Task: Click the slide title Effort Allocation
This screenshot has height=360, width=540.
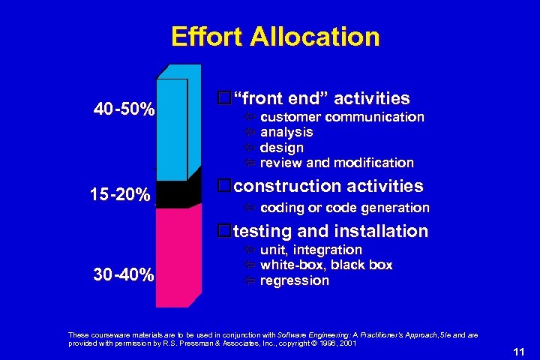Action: pyautogui.click(x=275, y=36)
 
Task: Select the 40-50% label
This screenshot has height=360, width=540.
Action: pyautogui.click(x=124, y=110)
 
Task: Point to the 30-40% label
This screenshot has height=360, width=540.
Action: pyautogui.click(x=124, y=275)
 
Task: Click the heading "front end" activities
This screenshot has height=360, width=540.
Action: pyautogui.click(x=321, y=98)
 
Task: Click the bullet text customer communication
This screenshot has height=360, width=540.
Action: pyautogui.click(x=342, y=117)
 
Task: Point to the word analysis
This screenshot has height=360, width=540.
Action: pyautogui.click(x=286, y=132)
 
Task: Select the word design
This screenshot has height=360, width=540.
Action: pyautogui.click(x=282, y=148)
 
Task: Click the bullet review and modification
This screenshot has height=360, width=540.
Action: pyautogui.click(x=337, y=163)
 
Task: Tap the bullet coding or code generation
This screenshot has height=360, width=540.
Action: pyautogui.click(x=344, y=208)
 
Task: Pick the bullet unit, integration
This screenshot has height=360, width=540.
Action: pyautogui.click(x=310, y=250)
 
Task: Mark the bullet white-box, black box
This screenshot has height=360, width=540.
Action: pyautogui.click(x=326, y=265)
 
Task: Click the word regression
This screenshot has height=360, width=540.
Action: pyautogui.click(x=294, y=280)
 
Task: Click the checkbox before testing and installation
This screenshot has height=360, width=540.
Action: pyautogui.click(x=222, y=231)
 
